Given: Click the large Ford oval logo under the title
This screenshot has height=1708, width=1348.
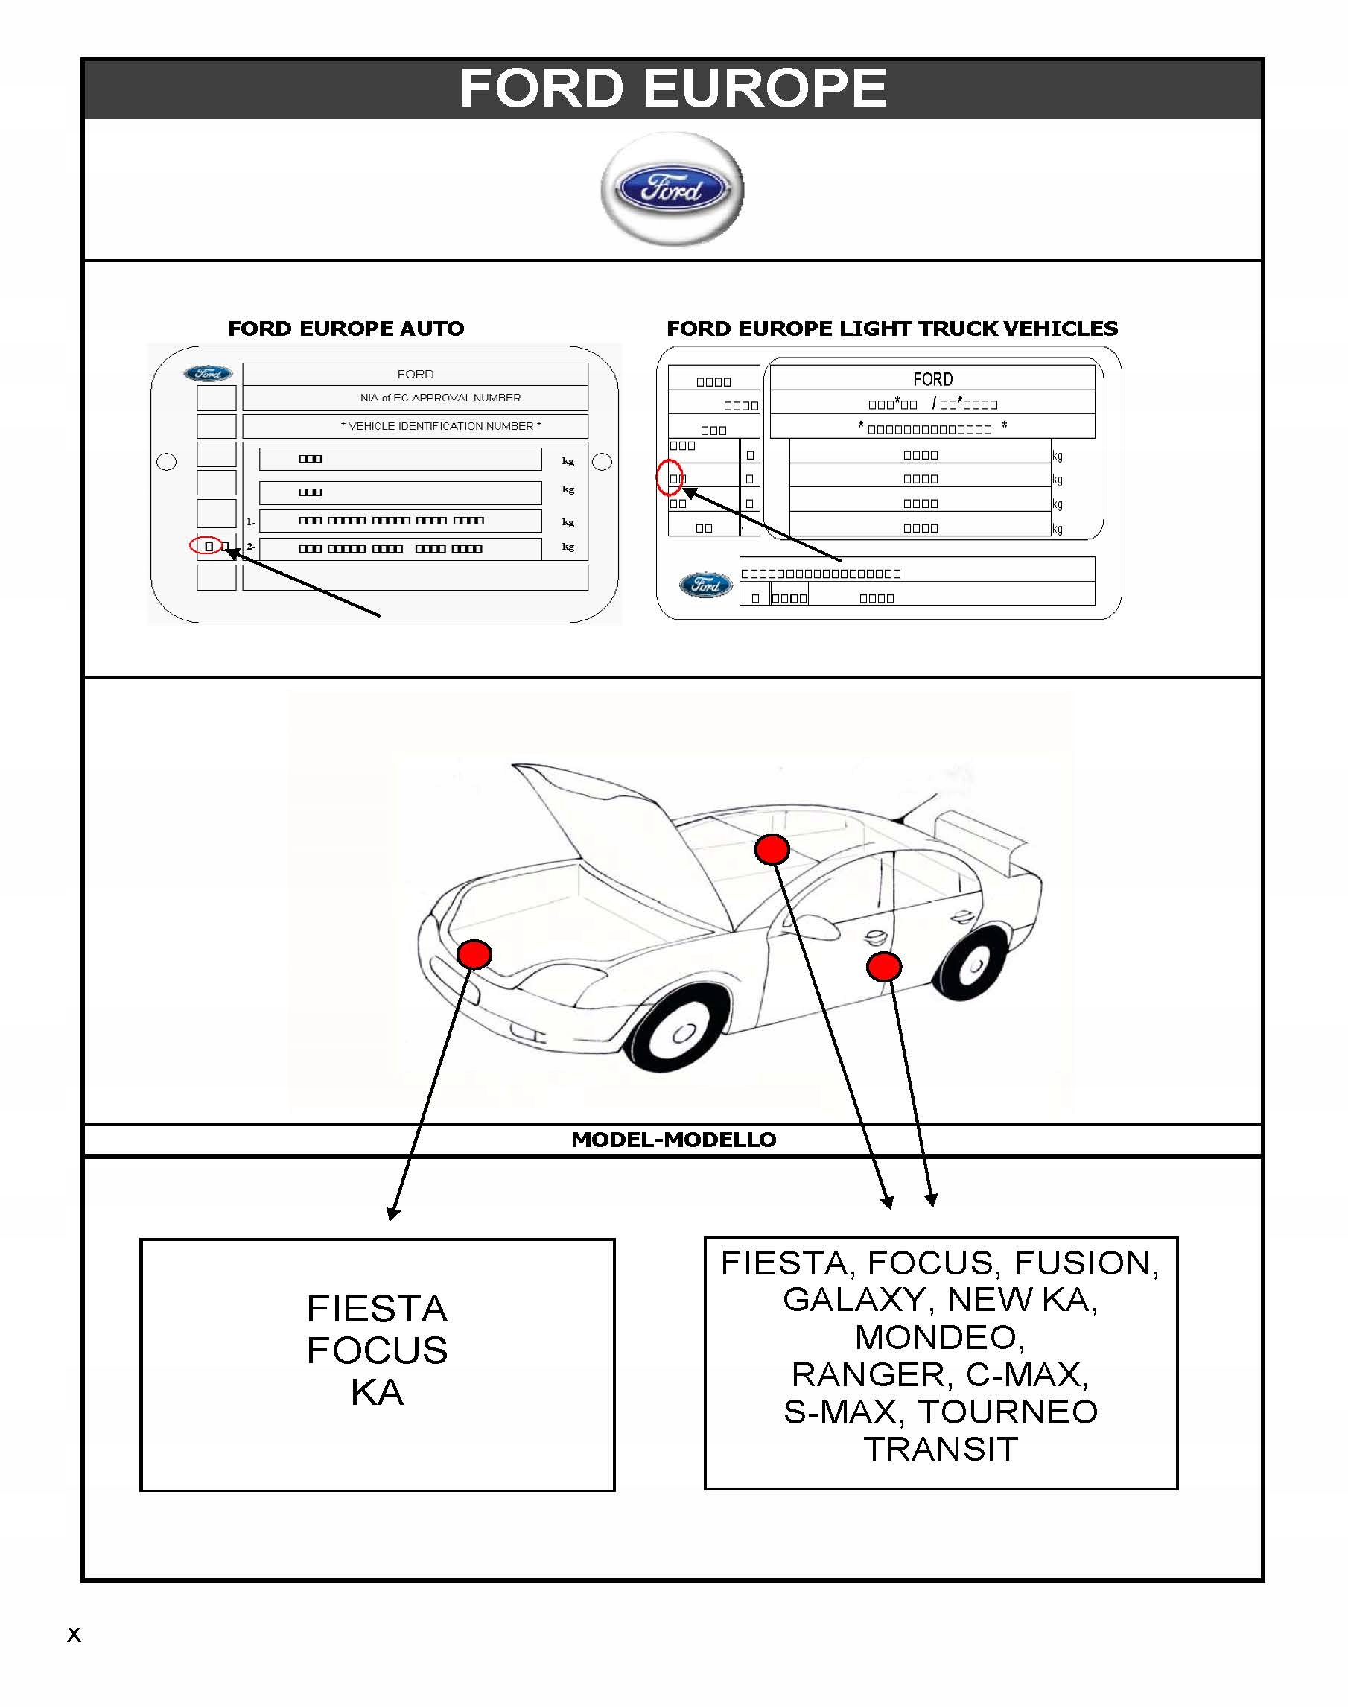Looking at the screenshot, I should [x=672, y=189].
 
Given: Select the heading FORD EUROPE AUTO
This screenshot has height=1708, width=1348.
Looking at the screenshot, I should [x=346, y=328].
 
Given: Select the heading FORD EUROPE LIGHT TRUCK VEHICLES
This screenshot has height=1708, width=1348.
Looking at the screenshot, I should [x=891, y=328].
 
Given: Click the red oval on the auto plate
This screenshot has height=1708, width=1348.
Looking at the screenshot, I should [x=206, y=545].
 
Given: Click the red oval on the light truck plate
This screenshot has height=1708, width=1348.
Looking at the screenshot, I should [x=669, y=477].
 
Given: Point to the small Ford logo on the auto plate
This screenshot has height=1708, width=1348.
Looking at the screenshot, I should [x=209, y=373].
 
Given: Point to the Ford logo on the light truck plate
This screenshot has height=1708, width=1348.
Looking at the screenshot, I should [x=705, y=585].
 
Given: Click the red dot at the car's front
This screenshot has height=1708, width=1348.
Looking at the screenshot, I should [x=474, y=954].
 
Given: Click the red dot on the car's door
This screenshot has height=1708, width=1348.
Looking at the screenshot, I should [x=883, y=966].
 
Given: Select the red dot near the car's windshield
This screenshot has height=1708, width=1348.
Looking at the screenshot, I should [x=772, y=849].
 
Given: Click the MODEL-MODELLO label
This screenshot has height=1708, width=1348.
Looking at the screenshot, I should [x=673, y=1139].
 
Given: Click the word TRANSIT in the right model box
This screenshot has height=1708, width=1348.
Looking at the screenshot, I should [x=941, y=1449].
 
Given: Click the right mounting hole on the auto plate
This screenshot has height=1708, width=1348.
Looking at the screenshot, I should [x=602, y=462].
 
